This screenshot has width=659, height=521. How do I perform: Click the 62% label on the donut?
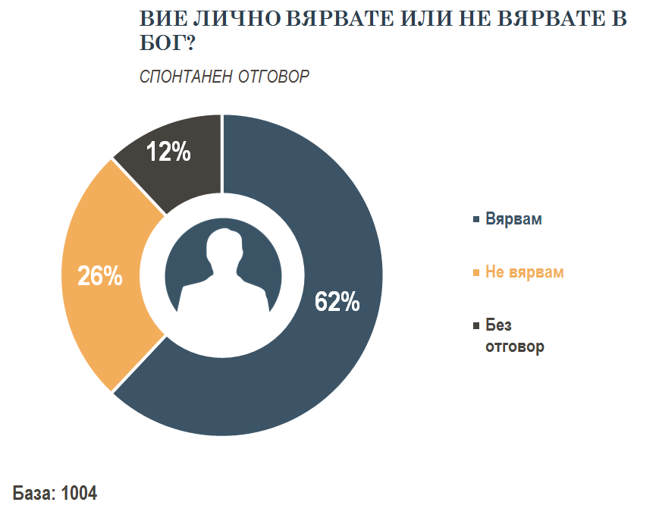coord(337,303)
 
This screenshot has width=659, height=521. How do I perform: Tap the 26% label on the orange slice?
coord(100,277)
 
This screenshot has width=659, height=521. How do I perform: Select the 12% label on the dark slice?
coord(168,152)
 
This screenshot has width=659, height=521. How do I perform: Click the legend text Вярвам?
coord(513,219)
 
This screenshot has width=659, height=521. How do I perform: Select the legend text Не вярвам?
coord(524,272)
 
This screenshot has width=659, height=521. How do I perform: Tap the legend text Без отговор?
coord(514,337)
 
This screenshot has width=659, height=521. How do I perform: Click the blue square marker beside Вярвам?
coord(475,220)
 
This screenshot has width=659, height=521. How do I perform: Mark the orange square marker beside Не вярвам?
coord(475,272)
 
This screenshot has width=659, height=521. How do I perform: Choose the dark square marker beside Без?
coord(475,325)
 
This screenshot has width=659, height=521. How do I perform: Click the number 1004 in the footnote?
coord(79,493)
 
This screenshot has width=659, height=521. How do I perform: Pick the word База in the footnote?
coord(33,493)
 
